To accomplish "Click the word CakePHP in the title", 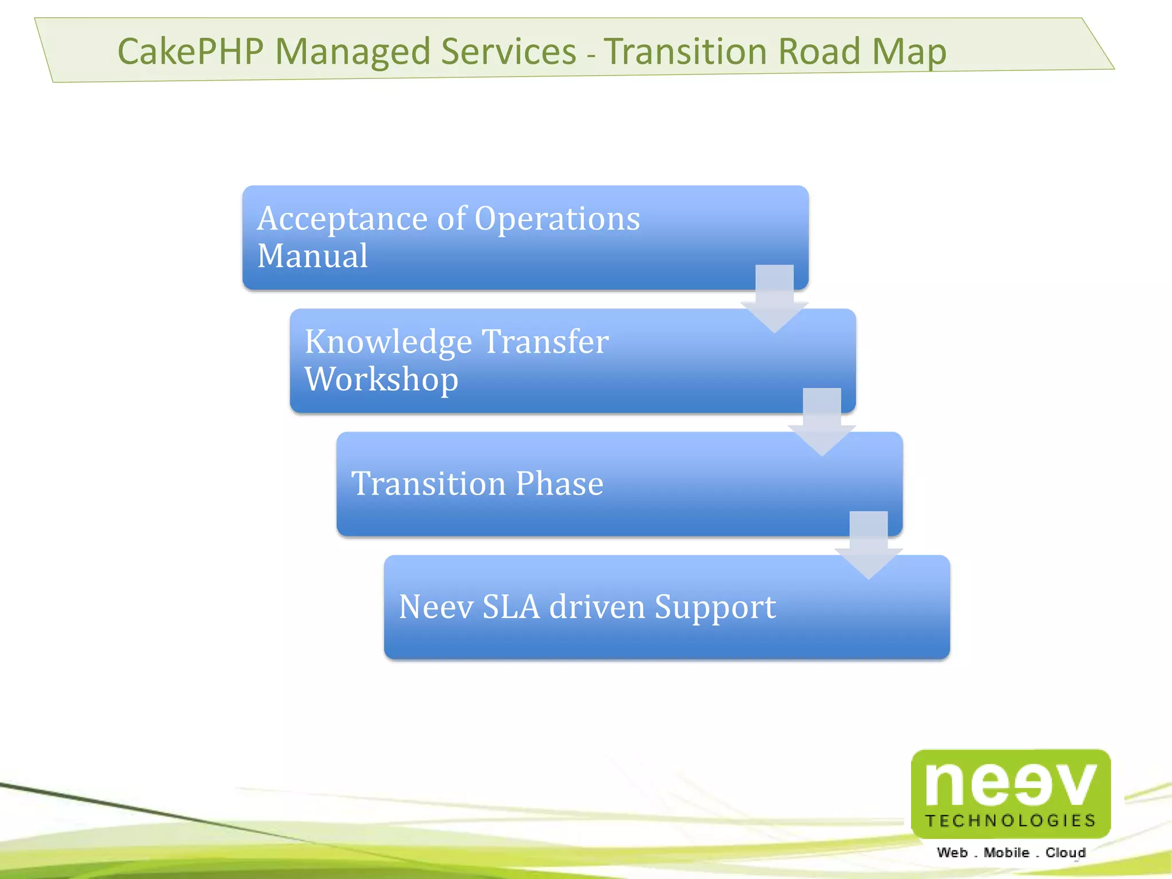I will (x=190, y=52).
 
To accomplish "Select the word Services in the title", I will (x=509, y=52).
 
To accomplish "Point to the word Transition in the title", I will (x=685, y=52).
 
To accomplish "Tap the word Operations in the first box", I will (x=557, y=220).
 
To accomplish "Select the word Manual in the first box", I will (x=312, y=256).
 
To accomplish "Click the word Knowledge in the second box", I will (x=389, y=343).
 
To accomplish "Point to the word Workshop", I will (x=382, y=380).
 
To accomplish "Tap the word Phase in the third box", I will (x=559, y=484).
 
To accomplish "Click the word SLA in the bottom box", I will (x=511, y=607).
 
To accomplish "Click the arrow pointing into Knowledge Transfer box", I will (x=774, y=300).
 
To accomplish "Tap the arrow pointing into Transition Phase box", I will (x=822, y=423).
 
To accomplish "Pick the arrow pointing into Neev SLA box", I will (x=869, y=547).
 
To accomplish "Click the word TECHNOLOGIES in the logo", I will (x=1011, y=821).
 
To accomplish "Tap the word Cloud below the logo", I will (x=1066, y=853).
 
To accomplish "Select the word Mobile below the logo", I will (x=1006, y=853).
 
